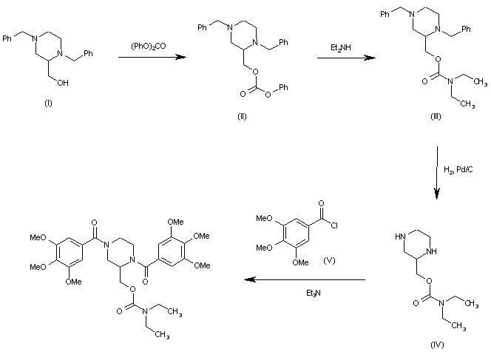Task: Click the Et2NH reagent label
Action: tap(341, 48)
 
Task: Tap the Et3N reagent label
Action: tap(314, 293)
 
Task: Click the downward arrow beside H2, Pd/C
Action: tap(436, 174)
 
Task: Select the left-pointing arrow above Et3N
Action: tap(305, 280)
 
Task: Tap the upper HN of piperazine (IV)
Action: tap(402, 237)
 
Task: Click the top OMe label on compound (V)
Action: tap(265, 219)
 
